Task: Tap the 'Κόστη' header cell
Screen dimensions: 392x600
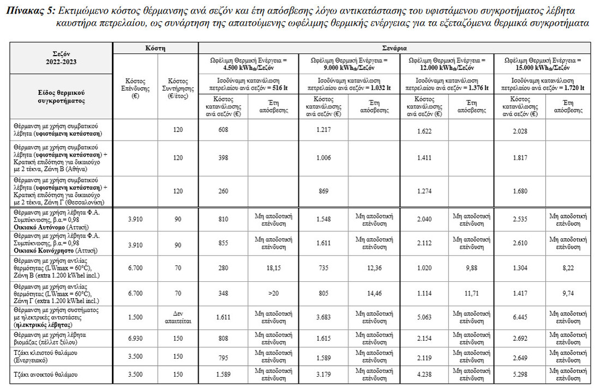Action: click(x=155, y=48)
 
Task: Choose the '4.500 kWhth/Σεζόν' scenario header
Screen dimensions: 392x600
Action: click(x=248, y=64)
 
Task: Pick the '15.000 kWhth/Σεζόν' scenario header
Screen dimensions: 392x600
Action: click(x=543, y=64)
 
